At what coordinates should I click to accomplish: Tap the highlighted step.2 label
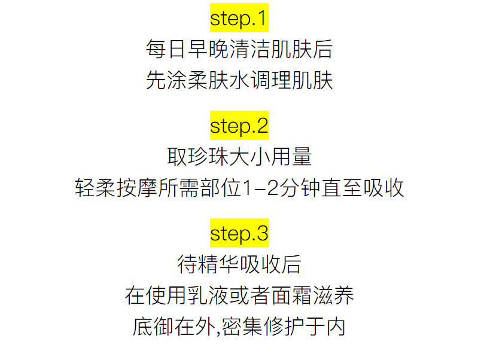(x=239, y=126)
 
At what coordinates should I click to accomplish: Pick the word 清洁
(x=249, y=50)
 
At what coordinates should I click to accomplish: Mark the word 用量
(x=291, y=157)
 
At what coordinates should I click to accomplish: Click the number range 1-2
(x=259, y=188)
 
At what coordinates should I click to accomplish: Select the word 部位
(x=218, y=188)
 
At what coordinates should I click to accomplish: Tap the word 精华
(x=218, y=264)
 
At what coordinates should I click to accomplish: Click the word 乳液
(x=208, y=295)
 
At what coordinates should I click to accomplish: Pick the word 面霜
(x=291, y=295)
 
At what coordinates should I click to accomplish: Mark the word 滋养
(x=333, y=295)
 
